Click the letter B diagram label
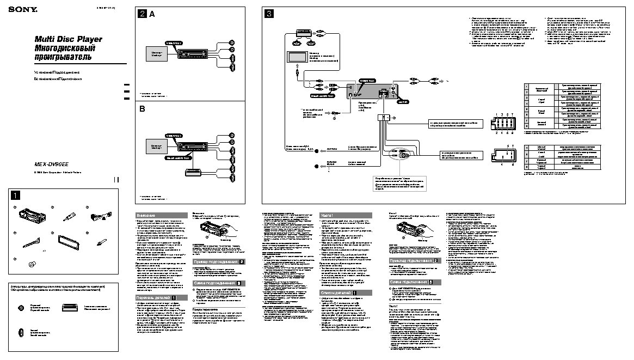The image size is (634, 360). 143,108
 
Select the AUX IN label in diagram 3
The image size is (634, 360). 403,102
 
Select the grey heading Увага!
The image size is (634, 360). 327,216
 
